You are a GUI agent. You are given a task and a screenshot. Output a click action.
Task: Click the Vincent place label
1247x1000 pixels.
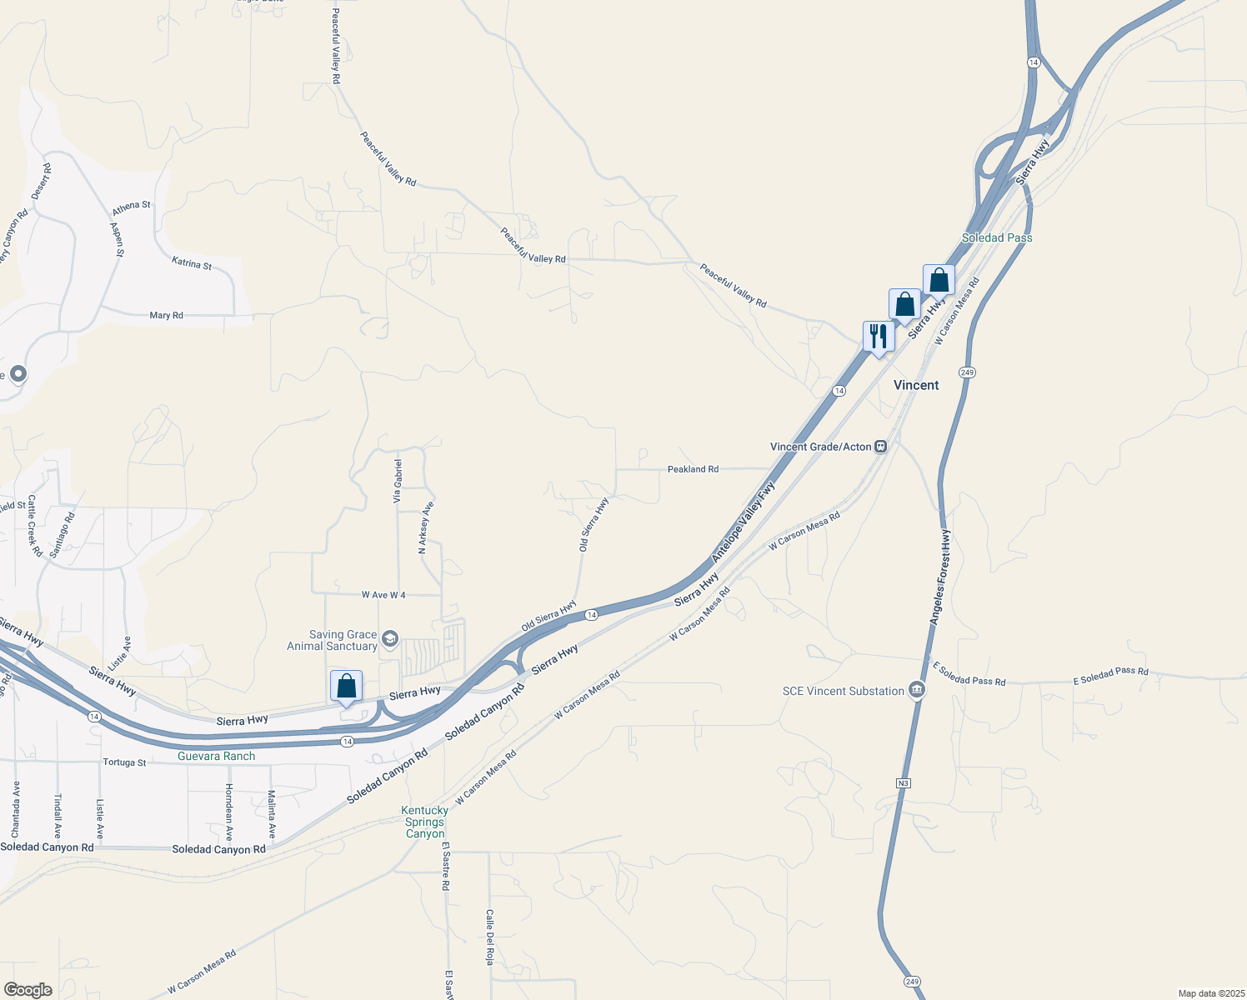(916, 385)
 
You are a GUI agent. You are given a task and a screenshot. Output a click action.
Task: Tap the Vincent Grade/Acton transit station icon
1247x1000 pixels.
(880, 447)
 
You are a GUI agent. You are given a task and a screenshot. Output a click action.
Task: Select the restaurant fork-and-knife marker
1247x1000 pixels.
(879, 337)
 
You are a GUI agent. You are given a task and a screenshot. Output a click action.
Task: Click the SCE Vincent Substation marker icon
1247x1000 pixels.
(917, 691)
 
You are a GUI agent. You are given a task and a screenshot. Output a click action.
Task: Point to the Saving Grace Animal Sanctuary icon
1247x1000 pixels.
(390, 640)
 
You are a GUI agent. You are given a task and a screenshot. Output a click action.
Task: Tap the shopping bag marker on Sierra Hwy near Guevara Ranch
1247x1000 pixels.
(346, 687)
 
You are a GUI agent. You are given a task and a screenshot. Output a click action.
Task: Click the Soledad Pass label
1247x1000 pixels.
(997, 237)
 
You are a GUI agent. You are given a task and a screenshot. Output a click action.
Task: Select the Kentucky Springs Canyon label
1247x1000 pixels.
(425, 822)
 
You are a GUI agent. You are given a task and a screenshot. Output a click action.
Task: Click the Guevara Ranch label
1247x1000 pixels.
(216, 756)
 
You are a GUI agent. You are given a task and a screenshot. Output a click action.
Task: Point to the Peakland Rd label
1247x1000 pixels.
(693, 469)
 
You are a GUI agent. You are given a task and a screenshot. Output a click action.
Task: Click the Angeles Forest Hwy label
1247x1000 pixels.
(939, 577)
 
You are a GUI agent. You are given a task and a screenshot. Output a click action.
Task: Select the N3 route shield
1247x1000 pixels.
(904, 783)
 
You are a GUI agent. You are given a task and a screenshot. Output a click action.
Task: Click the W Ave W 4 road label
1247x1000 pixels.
(383, 595)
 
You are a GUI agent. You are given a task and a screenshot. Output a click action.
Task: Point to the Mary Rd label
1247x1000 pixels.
(166, 315)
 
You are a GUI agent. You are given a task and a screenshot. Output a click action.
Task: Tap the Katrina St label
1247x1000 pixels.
(192, 263)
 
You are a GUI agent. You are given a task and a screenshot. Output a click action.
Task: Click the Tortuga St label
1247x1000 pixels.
(124, 762)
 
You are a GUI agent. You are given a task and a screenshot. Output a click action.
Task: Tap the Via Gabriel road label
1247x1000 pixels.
(398, 481)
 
